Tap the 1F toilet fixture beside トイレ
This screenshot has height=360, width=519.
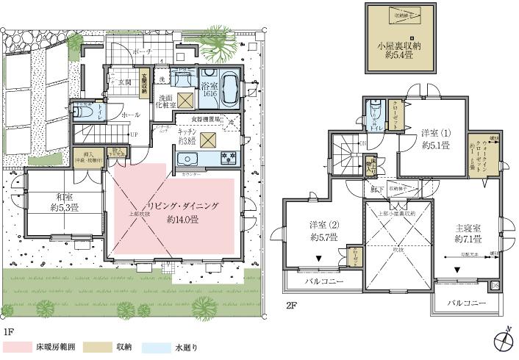[80, 112]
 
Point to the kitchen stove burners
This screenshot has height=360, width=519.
[226, 157]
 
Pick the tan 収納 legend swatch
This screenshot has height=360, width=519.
[93, 347]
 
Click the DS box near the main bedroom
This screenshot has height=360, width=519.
[494, 285]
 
